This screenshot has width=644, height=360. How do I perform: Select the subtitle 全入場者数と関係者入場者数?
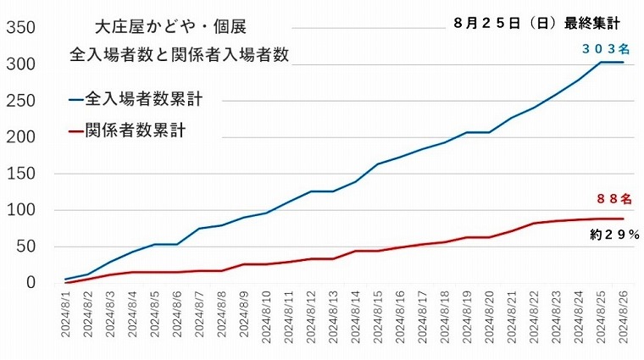coord(180,55)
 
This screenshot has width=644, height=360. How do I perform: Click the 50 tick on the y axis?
coord(24,246)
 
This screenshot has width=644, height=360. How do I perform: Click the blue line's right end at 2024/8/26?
coord(623,62)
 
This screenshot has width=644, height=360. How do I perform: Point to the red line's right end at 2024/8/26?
coord(623,219)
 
